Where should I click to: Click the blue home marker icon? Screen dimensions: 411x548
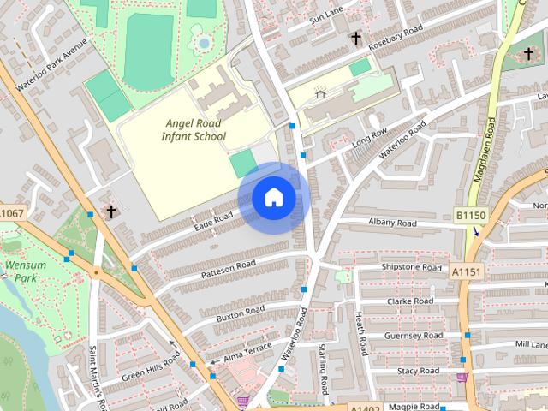coord(273,198)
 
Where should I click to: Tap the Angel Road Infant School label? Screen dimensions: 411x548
coord(195,129)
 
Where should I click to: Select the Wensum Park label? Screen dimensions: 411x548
coord(25,271)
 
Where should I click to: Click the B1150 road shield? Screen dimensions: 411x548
coord(469,215)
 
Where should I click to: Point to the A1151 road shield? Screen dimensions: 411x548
coord(467,271)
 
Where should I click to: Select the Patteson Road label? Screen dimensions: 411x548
coord(229,269)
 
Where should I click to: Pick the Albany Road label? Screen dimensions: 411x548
coord(392,223)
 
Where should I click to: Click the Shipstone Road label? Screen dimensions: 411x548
coord(413,266)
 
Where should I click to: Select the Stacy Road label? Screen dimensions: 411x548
coord(418,371)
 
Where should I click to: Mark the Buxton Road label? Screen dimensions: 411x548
coord(240,313)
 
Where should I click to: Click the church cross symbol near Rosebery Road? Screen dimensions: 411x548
coord(355,39)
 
